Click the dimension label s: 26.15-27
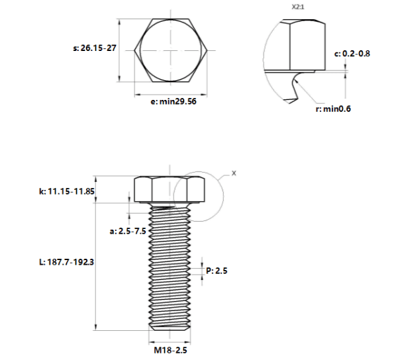[x=95, y=48]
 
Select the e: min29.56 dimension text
[x=174, y=101]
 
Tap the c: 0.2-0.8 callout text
[x=352, y=54]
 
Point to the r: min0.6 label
[x=333, y=109]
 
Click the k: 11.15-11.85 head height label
[x=67, y=191]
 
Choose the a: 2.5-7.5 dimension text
[x=128, y=231]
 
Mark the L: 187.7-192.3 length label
[x=66, y=262]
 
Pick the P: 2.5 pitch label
[x=217, y=271]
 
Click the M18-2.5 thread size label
[x=170, y=350]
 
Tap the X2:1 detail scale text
[x=298, y=7]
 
